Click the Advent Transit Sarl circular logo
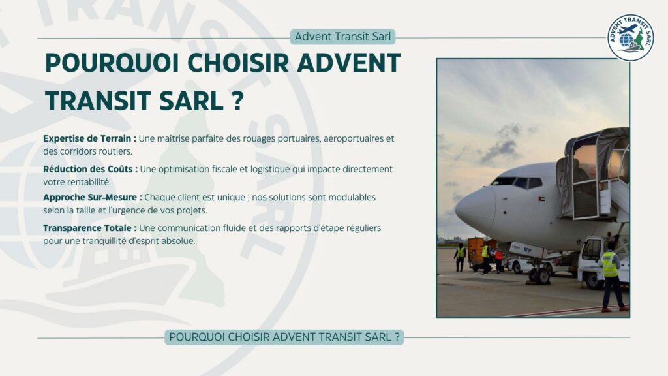coord(630,37)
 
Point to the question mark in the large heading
coord(237,101)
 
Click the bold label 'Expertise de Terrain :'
coord(89,138)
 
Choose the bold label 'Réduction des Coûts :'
coord(90,169)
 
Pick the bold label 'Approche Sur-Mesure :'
coord(92,197)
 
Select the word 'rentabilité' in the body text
coord(88,181)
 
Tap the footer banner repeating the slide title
coord(284,337)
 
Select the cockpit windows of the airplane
coord(512,182)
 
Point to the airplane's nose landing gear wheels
coord(539,274)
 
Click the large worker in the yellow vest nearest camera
coord(611,277)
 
